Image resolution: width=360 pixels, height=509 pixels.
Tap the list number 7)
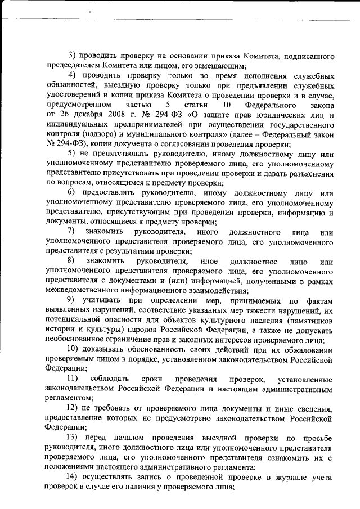coord(71,232)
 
